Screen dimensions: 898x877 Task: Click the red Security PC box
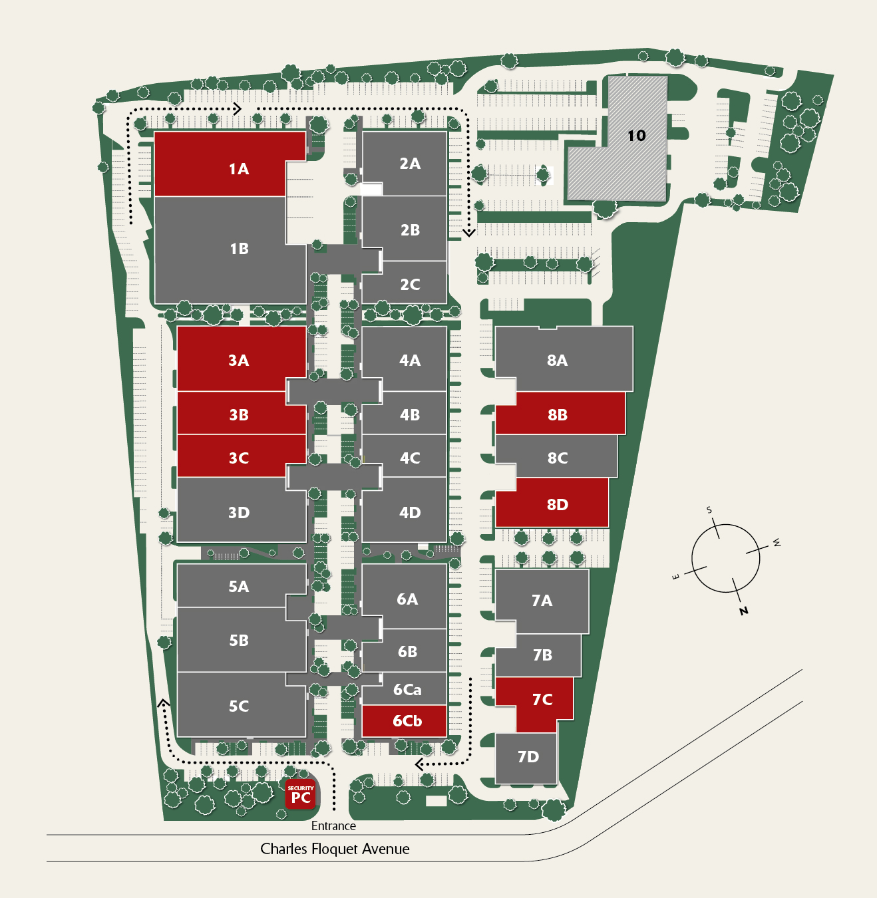[x=300, y=794]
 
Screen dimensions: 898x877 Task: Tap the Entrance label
[x=333, y=825]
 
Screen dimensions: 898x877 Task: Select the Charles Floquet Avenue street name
[x=335, y=849]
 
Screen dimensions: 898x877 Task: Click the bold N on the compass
[x=744, y=610]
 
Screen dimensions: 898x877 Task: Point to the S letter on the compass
[x=709, y=510]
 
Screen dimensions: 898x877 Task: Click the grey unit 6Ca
[x=406, y=690]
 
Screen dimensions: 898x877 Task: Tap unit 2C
[x=406, y=284]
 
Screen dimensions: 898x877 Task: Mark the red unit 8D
[x=552, y=504]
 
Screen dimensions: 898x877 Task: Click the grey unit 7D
[x=527, y=757]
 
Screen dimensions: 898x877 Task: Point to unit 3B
[x=240, y=414]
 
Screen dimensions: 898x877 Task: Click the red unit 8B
[x=559, y=414]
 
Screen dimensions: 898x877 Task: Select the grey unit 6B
[x=406, y=651]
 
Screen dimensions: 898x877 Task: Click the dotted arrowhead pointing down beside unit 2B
[x=469, y=233]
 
